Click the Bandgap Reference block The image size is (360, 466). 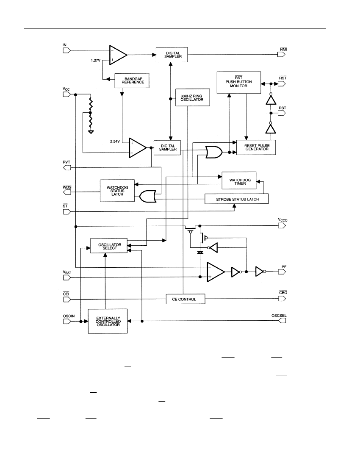tap(132, 80)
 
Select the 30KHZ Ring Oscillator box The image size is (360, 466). tap(192, 97)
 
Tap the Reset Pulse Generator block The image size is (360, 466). tap(256, 147)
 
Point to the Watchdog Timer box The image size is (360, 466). tap(239, 180)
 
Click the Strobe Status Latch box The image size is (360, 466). tap(236, 199)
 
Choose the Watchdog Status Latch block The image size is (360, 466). tap(117, 191)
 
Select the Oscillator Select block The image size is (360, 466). tap(109, 246)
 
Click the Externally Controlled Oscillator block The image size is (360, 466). tap(108, 321)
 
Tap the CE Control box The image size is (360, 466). tap(186, 299)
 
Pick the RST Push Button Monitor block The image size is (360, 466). tap(239, 83)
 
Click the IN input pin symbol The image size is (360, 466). tap(66, 50)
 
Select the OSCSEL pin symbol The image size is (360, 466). tap(282, 321)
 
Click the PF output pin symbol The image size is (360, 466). tap(282, 271)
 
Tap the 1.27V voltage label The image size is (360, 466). tap(96, 60)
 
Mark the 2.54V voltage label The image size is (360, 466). tap(115, 141)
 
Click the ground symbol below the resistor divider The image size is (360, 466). tap(91, 132)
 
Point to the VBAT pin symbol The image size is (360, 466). tap(66, 277)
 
